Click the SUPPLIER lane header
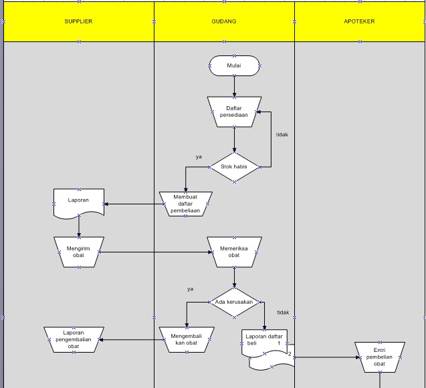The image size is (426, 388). pyautogui.click(x=78, y=21)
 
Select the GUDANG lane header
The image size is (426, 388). pyautogui.click(x=223, y=21)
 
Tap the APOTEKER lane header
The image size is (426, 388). pyautogui.click(x=359, y=21)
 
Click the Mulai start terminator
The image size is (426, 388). pyautogui.click(x=234, y=65)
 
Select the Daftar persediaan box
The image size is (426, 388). pyautogui.click(x=234, y=111)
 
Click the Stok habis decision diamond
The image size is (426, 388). pyautogui.click(x=234, y=167)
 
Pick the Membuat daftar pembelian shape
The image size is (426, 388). pyautogui.click(x=186, y=204)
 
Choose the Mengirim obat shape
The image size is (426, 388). pyautogui.click(x=79, y=252)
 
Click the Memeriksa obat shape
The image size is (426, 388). pyautogui.click(x=234, y=252)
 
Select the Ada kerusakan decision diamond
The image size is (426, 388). pyautogui.click(x=234, y=302)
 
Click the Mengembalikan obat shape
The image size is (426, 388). pyautogui.click(x=186, y=339)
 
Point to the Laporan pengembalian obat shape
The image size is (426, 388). pyautogui.click(x=74, y=339)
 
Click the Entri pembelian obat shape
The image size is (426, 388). pyautogui.click(x=379, y=357)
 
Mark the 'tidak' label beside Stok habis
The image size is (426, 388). pyautogui.click(x=282, y=134)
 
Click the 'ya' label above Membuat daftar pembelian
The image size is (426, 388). pyautogui.click(x=199, y=156)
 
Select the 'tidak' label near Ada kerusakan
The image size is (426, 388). pyautogui.click(x=282, y=313)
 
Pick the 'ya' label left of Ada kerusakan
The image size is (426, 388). pyautogui.click(x=190, y=289)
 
